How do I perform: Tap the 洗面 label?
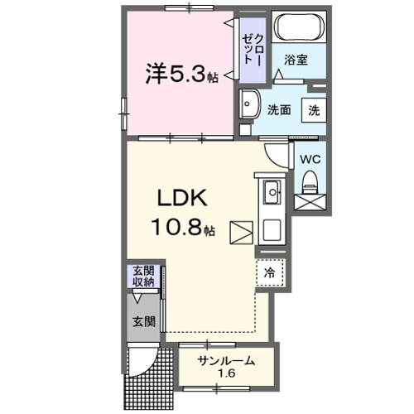[278, 110]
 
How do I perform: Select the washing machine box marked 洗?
[315, 109]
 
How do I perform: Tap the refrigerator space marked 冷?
[270, 272]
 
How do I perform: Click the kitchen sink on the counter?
[272, 195]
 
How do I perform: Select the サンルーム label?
[225, 360]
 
